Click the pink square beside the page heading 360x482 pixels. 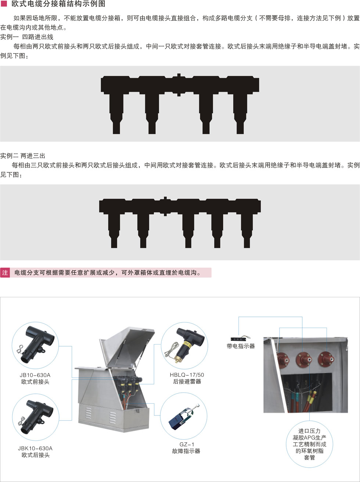(x=4, y=4)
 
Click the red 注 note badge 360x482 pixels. (x=5, y=272)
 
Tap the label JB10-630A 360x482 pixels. (x=35, y=375)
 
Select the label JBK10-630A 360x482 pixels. (x=35, y=449)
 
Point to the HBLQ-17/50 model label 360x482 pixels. (x=187, y=375)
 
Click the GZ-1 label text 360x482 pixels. (x=187, y=444)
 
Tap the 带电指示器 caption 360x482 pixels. (x=241, y=346)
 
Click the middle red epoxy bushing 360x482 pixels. (x=304, y=360)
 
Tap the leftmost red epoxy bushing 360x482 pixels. (x=282, y=360)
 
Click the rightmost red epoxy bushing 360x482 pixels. (x=326, y=359)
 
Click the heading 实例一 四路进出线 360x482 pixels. (x=27, y=37)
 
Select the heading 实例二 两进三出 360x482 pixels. (x=23, y=156)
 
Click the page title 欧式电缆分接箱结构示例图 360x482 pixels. (x=58, y=4)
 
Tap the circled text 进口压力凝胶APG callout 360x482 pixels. (x=309, y=444)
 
